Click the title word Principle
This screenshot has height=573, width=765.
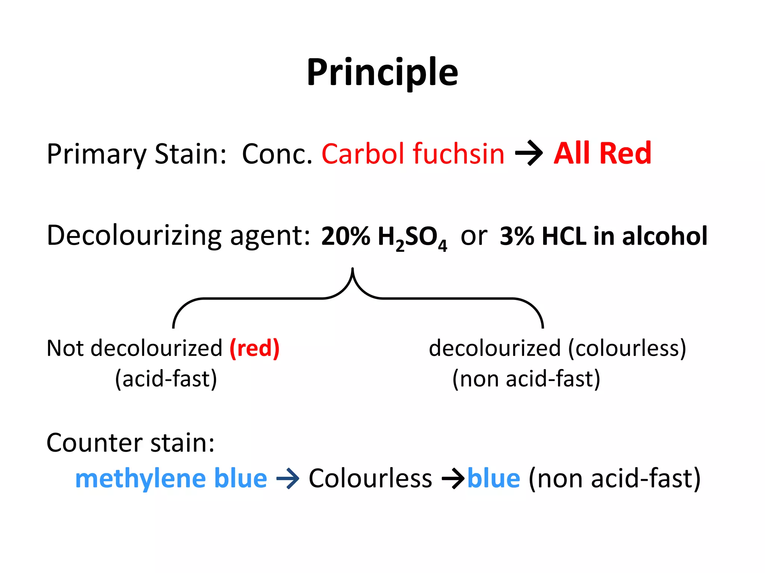382,73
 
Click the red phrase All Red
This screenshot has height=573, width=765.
602,153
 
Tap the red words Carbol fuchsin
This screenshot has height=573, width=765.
412,154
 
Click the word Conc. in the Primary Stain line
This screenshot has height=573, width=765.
277,154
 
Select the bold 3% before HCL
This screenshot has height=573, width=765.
517,236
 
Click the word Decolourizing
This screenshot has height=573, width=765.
134,236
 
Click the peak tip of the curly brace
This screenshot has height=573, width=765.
352,269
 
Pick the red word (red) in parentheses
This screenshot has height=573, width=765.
254,348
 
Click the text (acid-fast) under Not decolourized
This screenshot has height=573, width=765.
166,379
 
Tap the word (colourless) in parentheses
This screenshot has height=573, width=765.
627,348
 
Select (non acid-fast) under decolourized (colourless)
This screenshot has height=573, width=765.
526,379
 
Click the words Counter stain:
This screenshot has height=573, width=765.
130,443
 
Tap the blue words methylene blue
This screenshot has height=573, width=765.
171,479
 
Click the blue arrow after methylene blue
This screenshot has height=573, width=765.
288,479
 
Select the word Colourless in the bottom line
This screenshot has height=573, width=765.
370,479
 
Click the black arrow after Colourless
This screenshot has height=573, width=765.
453,479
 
